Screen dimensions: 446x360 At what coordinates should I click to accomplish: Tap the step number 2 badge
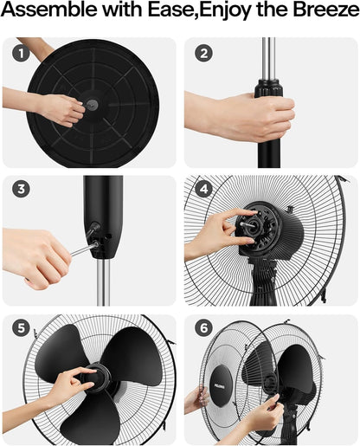pos(202,54)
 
